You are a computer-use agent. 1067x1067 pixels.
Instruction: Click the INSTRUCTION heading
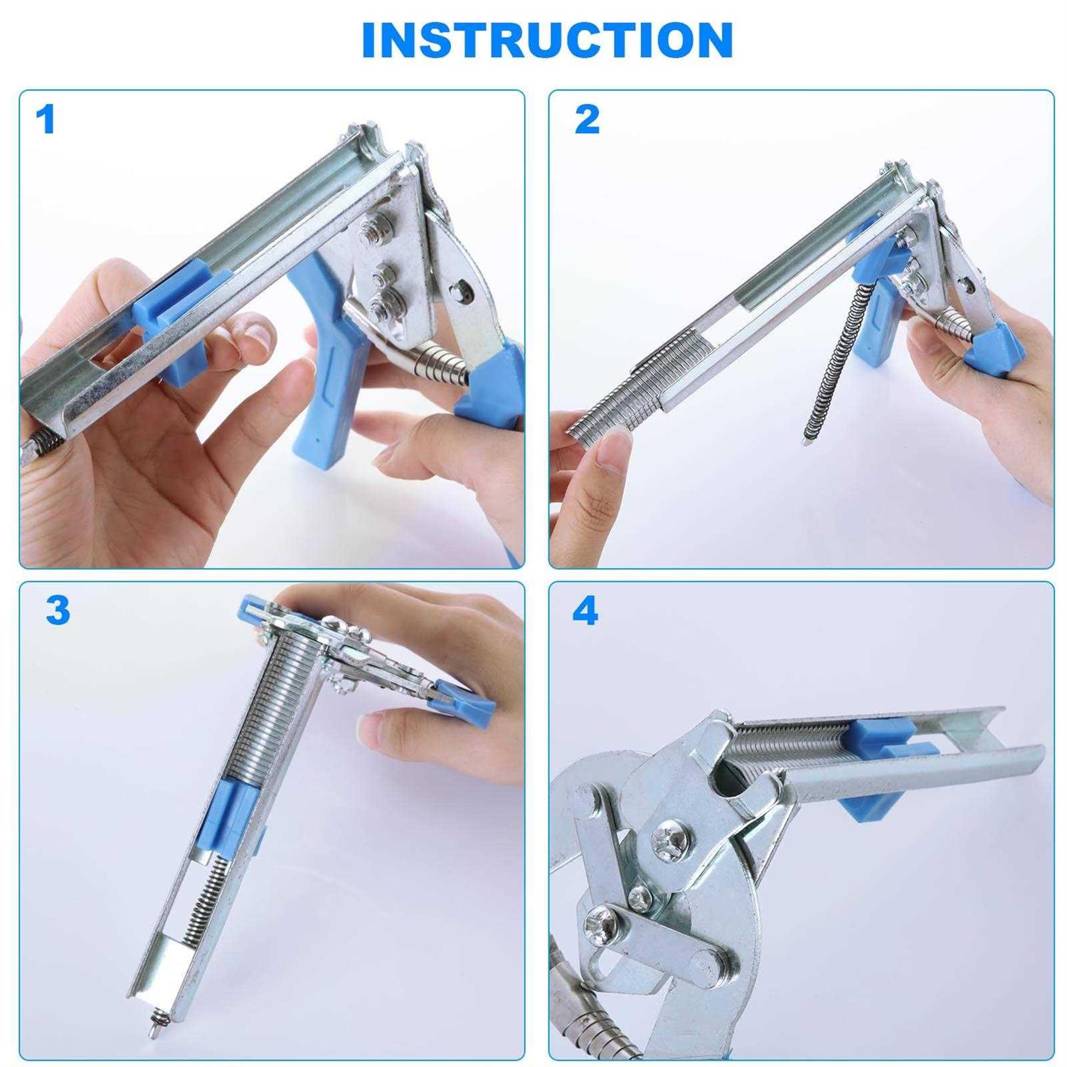tap(547, 41)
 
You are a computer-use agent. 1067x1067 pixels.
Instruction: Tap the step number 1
tap(46, 120)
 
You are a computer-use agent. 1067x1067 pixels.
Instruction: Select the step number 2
tap(587, 120)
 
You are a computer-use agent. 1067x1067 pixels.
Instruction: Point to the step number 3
tap(58, 610)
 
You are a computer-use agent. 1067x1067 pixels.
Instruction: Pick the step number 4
tap(585, 610)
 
